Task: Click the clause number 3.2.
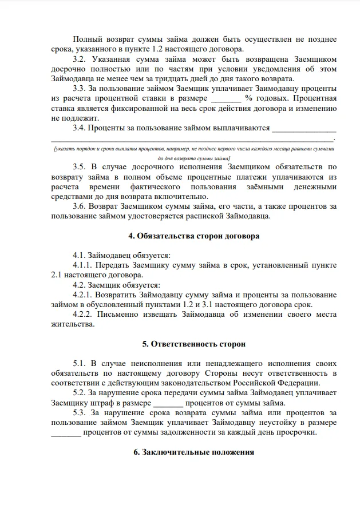point(82,59)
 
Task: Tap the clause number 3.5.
point(82,167)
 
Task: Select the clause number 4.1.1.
point(86,265)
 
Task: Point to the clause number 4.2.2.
point(86,314)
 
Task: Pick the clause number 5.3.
point(82,413)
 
